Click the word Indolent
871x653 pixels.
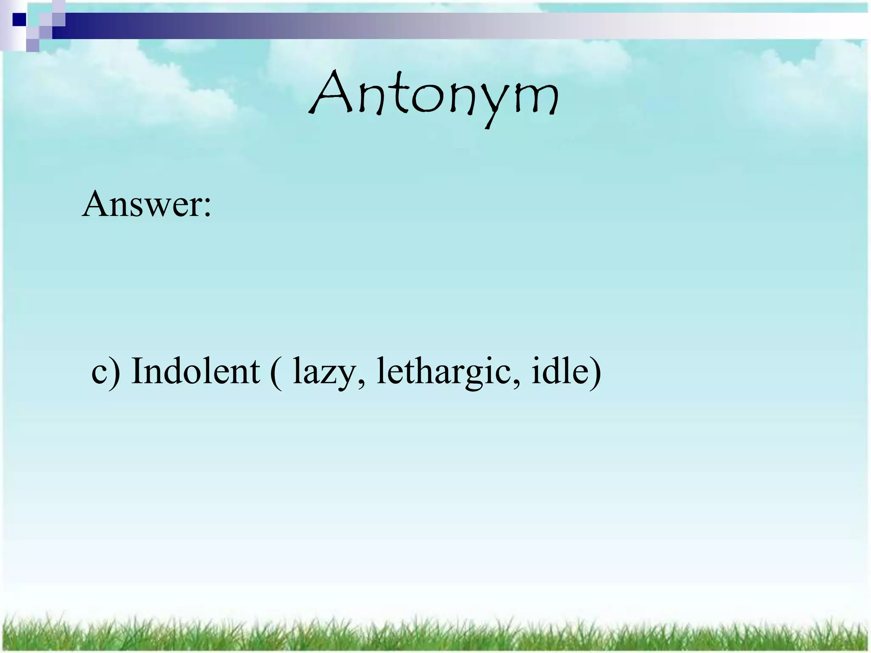[195, 371]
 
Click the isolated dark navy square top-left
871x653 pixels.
[19, 20]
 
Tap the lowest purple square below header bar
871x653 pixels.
[33, 45]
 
